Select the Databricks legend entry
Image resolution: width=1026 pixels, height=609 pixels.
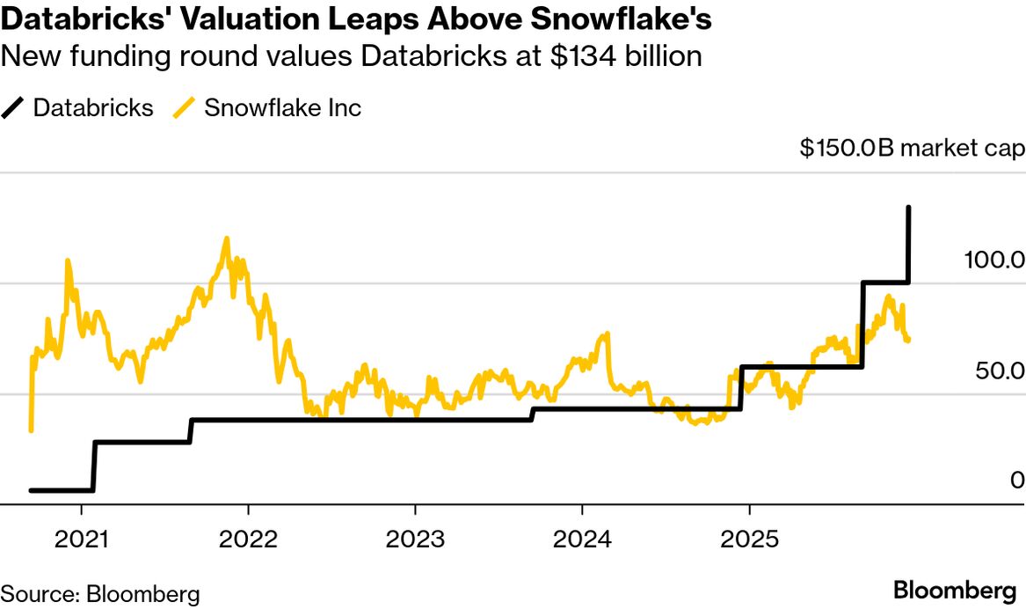[x=93, y=108]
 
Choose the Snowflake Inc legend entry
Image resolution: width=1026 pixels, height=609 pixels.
[x=282, y=108]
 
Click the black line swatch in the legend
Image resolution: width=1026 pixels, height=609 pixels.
[x=15, y=108]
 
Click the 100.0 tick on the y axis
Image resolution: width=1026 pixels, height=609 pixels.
[x=993, y=260]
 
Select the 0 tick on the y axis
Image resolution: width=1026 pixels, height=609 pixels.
[x=1017, y=481]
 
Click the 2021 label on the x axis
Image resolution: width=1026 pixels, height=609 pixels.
[x=81, y=538]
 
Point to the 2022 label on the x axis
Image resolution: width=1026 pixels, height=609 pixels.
[x=248, y=538]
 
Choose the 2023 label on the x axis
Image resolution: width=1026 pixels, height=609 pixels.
[x=415, y=538]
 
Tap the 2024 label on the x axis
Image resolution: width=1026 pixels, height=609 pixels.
[x=581, y=538]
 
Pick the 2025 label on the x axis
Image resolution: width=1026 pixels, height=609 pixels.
[x=748, y=538]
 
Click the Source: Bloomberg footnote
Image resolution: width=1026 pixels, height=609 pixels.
[x=100, y=593]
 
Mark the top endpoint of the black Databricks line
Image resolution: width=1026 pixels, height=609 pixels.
[x=908, y=208]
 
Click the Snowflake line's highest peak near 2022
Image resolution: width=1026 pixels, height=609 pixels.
[x=227, y=238]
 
